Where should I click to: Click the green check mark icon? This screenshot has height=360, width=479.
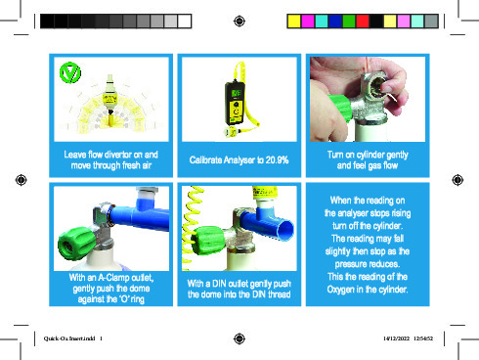click(x=70, y=72)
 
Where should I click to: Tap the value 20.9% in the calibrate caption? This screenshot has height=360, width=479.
click(x=277, y=160)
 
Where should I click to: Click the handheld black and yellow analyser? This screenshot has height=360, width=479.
click(x=236, y=103)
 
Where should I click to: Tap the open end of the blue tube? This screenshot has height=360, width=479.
click(x=285, y=230)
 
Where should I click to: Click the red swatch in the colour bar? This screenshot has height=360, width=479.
click(x=363, y=22)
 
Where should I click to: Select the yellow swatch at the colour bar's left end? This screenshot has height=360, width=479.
click(x=294, y=22)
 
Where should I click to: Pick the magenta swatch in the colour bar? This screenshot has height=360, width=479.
click(x=308, y=22)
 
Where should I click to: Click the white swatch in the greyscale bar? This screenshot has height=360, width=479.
click(x=185, y=22)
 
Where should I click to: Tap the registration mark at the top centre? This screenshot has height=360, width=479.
click(x=239, y=22)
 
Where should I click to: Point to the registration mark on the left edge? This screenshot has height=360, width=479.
click(x=22, y=180)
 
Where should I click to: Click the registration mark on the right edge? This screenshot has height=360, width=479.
click(x=457, y=180)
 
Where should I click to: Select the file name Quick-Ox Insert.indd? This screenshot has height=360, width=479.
click(x=69, y=338)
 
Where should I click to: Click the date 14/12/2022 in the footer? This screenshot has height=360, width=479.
click(x=396, y=338)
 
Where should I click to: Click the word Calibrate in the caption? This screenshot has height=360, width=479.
click(x=205, y=160)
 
